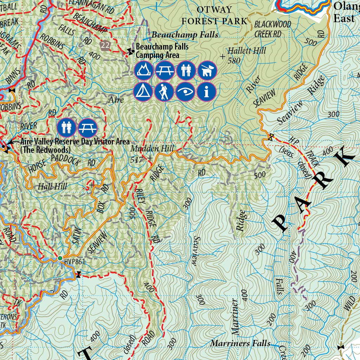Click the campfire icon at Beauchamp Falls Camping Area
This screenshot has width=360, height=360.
[143, 70]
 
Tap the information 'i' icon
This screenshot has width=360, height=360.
[206, 91]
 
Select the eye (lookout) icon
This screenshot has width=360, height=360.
[185, 91]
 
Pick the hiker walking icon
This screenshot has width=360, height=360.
[164, 91]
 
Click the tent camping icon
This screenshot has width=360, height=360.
[143, 91]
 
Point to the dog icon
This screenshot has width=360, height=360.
[206, 70]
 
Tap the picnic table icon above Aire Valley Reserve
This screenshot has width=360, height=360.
[87, 128]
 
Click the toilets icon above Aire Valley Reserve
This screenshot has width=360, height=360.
[66, 128]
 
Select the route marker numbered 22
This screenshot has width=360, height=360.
[105, 45]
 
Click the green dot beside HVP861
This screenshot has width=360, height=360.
[60, 258]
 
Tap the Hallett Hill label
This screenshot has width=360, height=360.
[247, 51]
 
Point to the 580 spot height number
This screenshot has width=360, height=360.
[234, 60]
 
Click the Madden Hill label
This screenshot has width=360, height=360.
[152, 149]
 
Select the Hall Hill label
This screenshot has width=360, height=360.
[52, 186]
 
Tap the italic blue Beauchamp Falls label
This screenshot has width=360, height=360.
[185, 35]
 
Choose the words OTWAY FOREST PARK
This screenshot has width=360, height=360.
[214, 15]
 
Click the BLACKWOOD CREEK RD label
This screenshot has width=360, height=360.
[273, 29]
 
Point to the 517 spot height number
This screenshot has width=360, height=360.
[137, 160]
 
